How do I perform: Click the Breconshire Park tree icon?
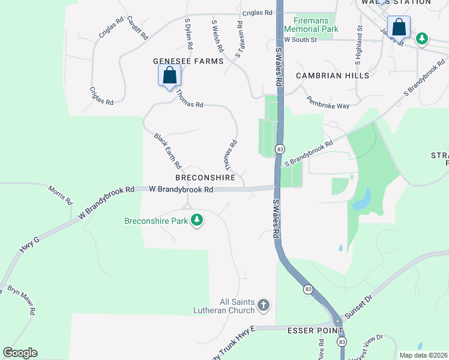click(197, 221)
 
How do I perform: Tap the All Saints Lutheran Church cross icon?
click(263, 306)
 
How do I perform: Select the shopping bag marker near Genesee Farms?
click(169, 76)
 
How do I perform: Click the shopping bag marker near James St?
click(399, 28)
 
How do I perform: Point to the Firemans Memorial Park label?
click(311, 25)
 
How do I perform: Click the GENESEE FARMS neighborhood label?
click(188, 61)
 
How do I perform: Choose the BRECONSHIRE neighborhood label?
click(205, 178)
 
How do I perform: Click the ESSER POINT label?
click(315, 331)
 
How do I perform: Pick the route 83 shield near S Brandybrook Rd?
click(280, 149)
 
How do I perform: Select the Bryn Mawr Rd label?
click(22, 300)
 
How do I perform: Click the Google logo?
click(20, 353)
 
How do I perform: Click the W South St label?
click(299, 40)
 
